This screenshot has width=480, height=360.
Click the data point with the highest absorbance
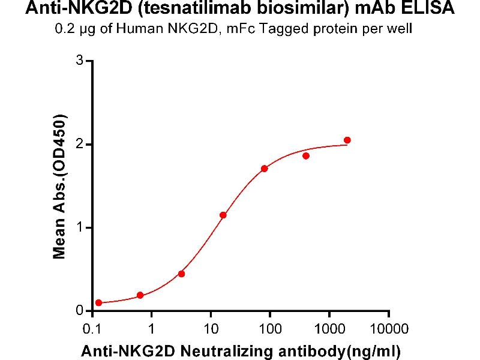(x=347, y=140)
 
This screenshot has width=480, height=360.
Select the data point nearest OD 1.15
(x=223, y=215)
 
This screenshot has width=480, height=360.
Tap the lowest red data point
(x=98, y=303)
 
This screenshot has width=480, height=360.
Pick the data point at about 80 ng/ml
(x=265, y=169)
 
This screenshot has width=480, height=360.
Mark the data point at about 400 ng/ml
(x=306, y=156)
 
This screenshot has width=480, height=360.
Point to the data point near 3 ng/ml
(x=182, y=274)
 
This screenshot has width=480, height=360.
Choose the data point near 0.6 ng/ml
(x=140, y=295)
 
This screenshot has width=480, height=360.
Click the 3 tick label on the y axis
(x=78, y=61)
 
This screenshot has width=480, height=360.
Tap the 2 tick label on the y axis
(x=78, y=145)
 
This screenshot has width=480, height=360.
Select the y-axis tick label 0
(x=78, y=311)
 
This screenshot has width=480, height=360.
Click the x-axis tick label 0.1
(x=92, y=329)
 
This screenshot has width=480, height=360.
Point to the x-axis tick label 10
(x=211, y=329)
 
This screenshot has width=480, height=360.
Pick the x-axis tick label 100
(x=270, y=329)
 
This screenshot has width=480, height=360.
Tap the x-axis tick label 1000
(x=329, y=329)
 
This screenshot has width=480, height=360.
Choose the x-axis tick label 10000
(x=389, y=329)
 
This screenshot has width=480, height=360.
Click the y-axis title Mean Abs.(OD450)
(x=59, y=187)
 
